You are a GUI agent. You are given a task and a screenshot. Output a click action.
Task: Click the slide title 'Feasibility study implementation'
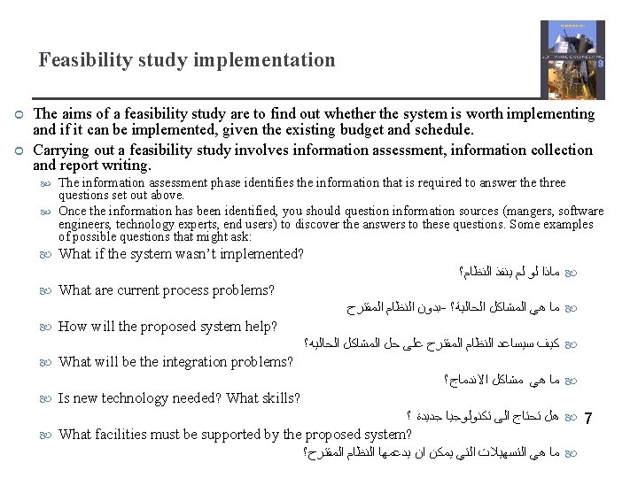pyautogui.click(x=187, y=60)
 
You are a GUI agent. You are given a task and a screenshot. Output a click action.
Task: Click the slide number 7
pyautogui.click(x=590, y=418)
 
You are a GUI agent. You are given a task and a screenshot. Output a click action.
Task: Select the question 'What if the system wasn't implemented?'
pyautogui.click(x=181, y=254)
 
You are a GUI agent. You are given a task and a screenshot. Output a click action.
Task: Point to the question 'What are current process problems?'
pyautogui.click(x=167, y=290)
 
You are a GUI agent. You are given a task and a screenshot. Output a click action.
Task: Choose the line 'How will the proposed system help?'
pyautogui.click(x=167, y=327)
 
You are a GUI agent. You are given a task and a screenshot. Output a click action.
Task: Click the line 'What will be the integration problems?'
pyautogui.click(x=175, y=361)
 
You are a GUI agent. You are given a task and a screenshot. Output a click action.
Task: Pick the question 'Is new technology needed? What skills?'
pyautogui.click(x=179, y=398)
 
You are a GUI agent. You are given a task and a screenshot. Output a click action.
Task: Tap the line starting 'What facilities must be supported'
pyautogui.click(x=235, y=434)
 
